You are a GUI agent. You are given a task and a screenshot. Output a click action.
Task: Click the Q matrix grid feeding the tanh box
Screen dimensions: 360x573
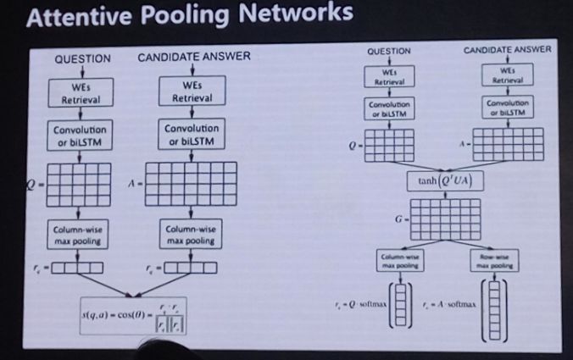click(389, 145)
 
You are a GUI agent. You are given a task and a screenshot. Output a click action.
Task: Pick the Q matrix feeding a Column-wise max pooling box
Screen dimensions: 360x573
click(77, 185)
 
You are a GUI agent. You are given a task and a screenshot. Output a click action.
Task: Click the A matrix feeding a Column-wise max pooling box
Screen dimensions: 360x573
click(192, 185)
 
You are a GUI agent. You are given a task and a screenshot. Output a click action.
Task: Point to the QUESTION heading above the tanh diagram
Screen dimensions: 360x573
click(388, 52)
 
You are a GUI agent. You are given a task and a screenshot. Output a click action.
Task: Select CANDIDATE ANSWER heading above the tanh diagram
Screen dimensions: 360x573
click(507, 50)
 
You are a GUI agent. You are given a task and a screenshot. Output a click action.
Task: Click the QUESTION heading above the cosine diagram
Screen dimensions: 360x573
click(82, 58)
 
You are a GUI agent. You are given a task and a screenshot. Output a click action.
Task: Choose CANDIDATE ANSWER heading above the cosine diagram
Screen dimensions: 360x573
click(194, 58)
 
